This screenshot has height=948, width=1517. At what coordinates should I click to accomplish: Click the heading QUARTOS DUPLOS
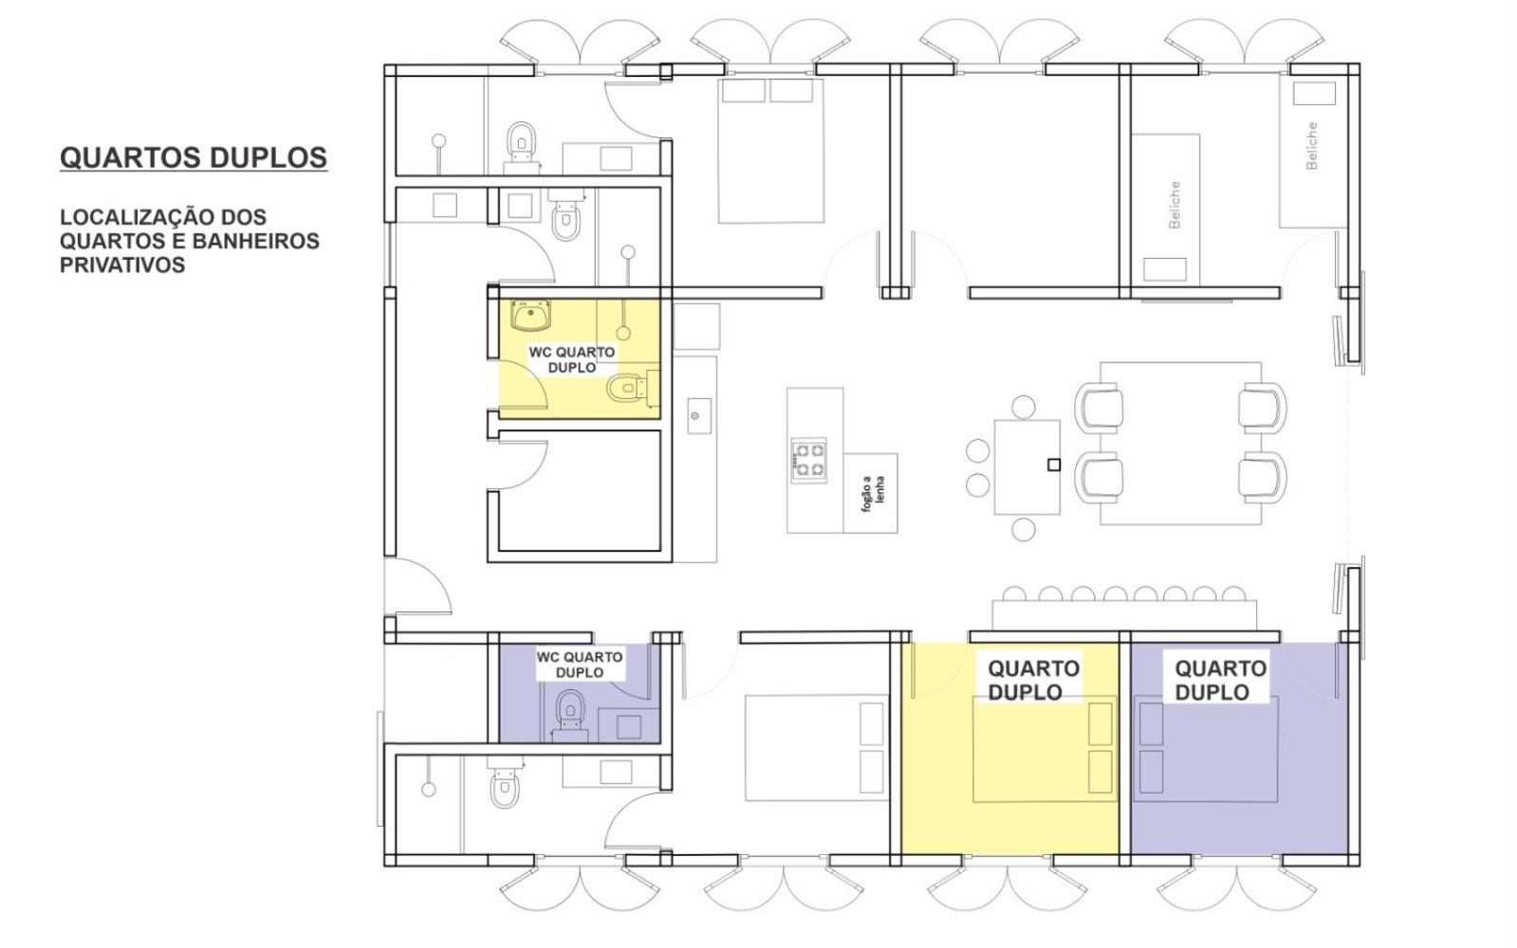tap(194, 157)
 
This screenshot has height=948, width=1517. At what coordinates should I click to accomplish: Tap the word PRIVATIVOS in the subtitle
tap(122, 265)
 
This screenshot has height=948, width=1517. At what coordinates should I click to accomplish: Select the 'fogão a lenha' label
tap(873, 493)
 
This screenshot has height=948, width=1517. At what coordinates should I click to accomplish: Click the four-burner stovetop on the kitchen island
tap(808, 460)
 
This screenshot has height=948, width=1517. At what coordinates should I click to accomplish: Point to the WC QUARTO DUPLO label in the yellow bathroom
tap(571, 359)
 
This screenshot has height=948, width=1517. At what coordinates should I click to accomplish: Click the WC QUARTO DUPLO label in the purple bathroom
tap(579, 665)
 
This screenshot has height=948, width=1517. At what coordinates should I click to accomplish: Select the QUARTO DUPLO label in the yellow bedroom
tap(1033, 680)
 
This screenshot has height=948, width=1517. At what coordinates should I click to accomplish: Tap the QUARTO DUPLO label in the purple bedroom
tap(1220, 680)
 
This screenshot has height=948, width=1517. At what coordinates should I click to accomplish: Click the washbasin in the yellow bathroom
tap(530, 316)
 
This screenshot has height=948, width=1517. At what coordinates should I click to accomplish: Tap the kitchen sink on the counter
tap(699, 415)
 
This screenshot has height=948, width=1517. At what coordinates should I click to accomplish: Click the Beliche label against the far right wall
tap(1311, 145)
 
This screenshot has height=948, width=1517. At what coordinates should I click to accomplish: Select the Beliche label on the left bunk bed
tap(1175, 205)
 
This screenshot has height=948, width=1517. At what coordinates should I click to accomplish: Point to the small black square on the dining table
tap(1054, 465)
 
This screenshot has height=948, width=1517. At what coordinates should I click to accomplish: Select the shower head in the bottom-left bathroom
tap(428, 789)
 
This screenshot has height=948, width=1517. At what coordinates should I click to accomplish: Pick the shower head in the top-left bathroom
tap(439, 140)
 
